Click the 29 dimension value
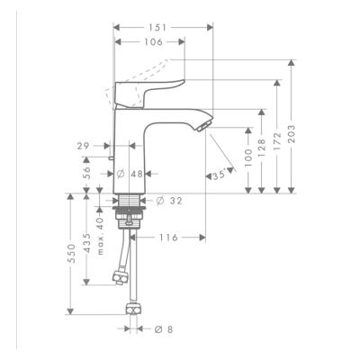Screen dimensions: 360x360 [84, 144]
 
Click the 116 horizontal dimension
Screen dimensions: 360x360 [170, 237]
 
